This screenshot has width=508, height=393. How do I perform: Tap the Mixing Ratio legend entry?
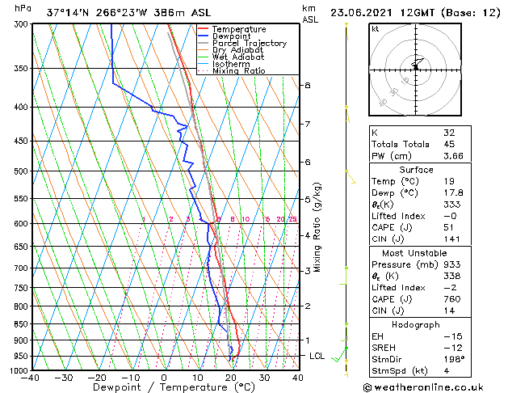(x=238, y=71)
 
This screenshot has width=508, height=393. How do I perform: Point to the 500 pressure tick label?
(x=17, y=171)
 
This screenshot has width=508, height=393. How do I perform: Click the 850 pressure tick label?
(x=17, y=323)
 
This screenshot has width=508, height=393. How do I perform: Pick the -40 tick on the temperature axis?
(x=31, y=378)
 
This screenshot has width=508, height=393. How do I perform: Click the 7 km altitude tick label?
(x=308, y=124)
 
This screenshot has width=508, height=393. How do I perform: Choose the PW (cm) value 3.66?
(x=453, y=156)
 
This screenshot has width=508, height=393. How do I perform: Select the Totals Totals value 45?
(x=449, y=144)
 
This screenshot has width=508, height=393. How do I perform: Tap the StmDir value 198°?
(x=454, y=358)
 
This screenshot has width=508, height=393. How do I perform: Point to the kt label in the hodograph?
(x=375, y=28)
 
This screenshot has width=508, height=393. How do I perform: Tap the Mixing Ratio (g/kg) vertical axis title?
(x=317, y=226)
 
